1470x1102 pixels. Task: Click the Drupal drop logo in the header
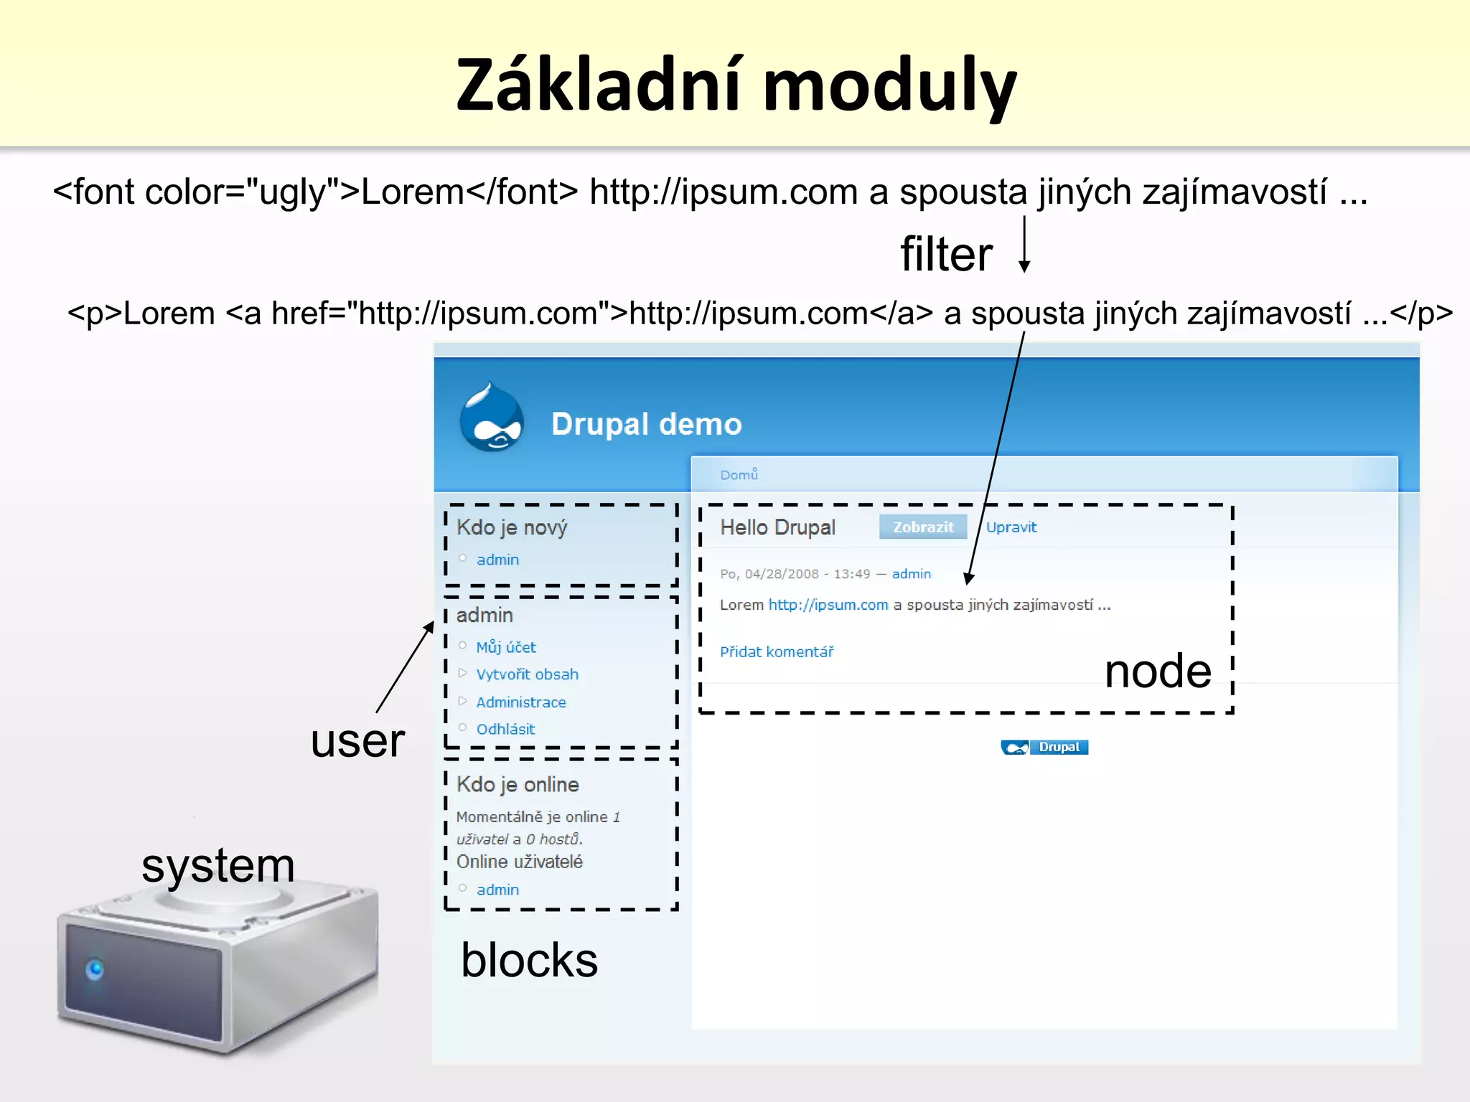coord(492,418)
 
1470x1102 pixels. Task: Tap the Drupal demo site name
coord(646,424)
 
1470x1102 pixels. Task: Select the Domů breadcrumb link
coord(739,475)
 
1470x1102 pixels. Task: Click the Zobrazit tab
coord(923,527)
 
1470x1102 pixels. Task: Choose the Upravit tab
coord(1011,527)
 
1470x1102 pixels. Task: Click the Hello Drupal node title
coord(777,527)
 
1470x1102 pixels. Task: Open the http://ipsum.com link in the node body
coord(828,605)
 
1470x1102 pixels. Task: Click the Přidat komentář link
coord(777,651)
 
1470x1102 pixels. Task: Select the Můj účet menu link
coord(506,647)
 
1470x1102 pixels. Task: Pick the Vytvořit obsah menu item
coord(527,674)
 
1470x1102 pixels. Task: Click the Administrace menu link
coord(521,702)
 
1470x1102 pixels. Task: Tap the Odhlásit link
coord(505,729)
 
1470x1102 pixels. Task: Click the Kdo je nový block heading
coord(512,527)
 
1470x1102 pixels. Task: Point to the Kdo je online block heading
coord(518,784)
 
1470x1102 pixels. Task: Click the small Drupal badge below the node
coord(1044,748)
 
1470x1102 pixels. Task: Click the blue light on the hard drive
coord(95,970)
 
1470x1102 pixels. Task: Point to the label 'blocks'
coord(529,960)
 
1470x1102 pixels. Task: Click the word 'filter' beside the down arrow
coord(946,254)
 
